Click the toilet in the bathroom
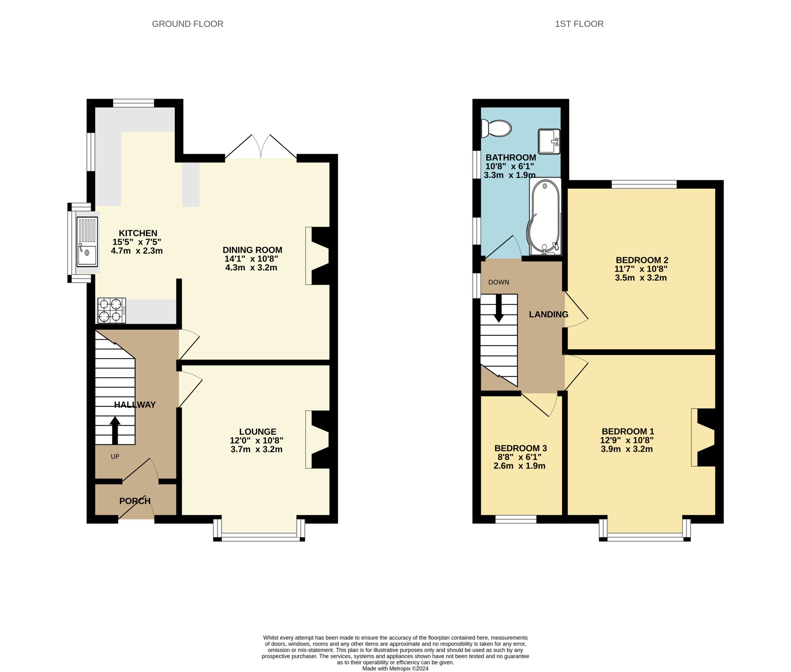[496, 129]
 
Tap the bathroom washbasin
[549, 141]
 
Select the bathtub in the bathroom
[545, 216]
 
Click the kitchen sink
[87, 242]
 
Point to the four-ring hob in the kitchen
[112, 311]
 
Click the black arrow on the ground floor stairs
[115, 430]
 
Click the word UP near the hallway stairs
[115, 456]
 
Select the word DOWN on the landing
[498, 282]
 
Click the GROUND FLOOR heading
[188, 24]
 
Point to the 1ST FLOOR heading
[579, 24]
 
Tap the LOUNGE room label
[258, 432]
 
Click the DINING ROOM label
[252, 250]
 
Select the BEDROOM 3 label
[520, 448]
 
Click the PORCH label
[135, 501]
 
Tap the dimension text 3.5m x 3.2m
[641, 278]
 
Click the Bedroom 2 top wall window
[644, 184]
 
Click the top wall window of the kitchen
[133, 103]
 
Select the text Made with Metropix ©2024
[395, 669]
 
